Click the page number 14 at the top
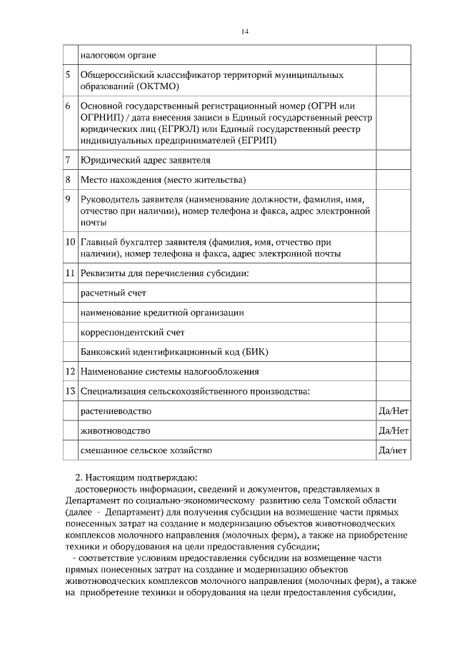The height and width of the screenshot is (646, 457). (x=245, y=31)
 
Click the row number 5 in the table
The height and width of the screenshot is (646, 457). (x=68, y=74)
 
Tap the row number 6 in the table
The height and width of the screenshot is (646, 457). (x=68, y=106)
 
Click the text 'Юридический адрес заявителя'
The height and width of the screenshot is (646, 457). (x=146, y=160)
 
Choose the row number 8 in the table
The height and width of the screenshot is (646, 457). (x=68, y=179)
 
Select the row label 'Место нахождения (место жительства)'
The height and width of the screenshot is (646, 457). (x=163, y=179)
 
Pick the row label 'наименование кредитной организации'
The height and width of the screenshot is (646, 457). (x=162, y=313)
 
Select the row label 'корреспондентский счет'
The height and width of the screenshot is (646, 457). (x=133, y=332)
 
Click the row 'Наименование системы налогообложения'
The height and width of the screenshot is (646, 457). (x=170, y=372)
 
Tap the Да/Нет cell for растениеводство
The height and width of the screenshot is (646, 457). (x=393, y=411)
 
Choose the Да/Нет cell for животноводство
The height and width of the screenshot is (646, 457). (x=393, y=431)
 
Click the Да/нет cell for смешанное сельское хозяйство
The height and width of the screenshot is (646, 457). (x=393, y=450)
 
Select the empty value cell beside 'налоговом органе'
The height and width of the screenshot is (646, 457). (x=393, y=55)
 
